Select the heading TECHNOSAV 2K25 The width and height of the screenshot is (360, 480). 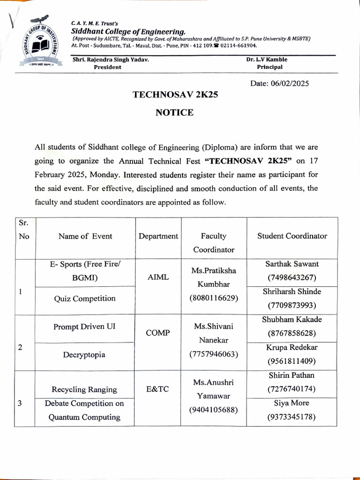(175, 94)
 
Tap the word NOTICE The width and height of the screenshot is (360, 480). (174, 112)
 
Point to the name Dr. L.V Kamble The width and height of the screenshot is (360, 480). (267, 60)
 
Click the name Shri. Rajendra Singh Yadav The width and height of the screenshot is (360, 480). (111, 60)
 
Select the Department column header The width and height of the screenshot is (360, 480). (158, 236)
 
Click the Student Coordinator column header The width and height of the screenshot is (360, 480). (292, 236)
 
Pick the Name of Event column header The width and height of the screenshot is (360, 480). (85, 236)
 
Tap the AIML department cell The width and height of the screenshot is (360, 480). (158, 277)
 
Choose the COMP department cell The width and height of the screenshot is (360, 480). (158, 332)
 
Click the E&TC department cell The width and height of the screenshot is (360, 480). (158, 389)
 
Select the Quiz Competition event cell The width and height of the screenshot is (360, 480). (85, 299)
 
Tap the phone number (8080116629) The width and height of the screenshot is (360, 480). (213, 298)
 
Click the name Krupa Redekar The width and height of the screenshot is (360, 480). (292, 347)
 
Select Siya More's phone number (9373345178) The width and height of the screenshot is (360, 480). (292, 417)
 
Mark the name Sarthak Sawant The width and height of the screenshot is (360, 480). (292, 264)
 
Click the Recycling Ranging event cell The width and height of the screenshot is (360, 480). (84, 390)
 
